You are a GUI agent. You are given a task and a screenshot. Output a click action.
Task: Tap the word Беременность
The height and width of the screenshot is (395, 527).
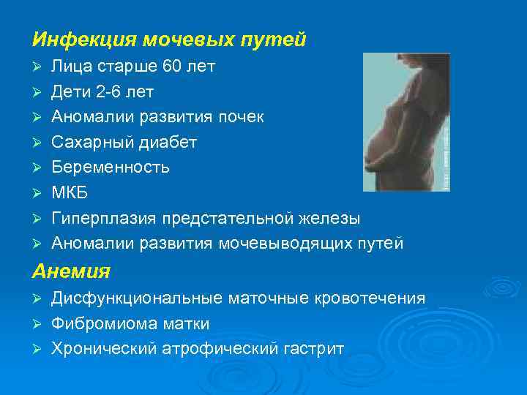point(111,168)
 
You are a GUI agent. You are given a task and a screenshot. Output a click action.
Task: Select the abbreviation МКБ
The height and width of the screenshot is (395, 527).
point(68,193)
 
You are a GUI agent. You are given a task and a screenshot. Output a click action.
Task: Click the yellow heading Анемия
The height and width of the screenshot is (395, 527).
point(71,271)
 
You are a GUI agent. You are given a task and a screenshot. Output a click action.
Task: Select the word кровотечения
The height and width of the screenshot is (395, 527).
point(370,298)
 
